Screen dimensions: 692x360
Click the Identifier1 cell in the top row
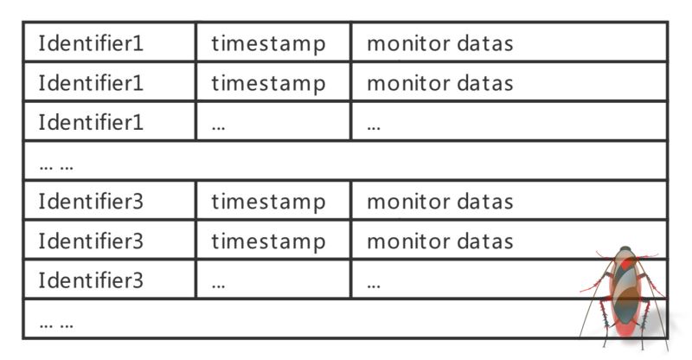tap(91, 43)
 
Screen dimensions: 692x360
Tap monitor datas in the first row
tap(440, 43)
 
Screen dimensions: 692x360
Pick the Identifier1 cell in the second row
tap(91, 83)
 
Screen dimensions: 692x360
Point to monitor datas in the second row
tap(440, 83)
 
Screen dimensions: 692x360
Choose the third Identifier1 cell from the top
tap(91, 122)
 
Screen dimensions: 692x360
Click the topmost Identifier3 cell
tap(91, 202)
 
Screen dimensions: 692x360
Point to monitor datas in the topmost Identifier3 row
tap(440, 202)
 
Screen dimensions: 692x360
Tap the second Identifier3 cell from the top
tap(91, 241)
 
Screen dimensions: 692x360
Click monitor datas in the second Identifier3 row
tap(440, 241)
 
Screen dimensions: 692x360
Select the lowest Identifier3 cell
tap(91, 280)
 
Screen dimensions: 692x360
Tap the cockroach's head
tap(625, 252)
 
